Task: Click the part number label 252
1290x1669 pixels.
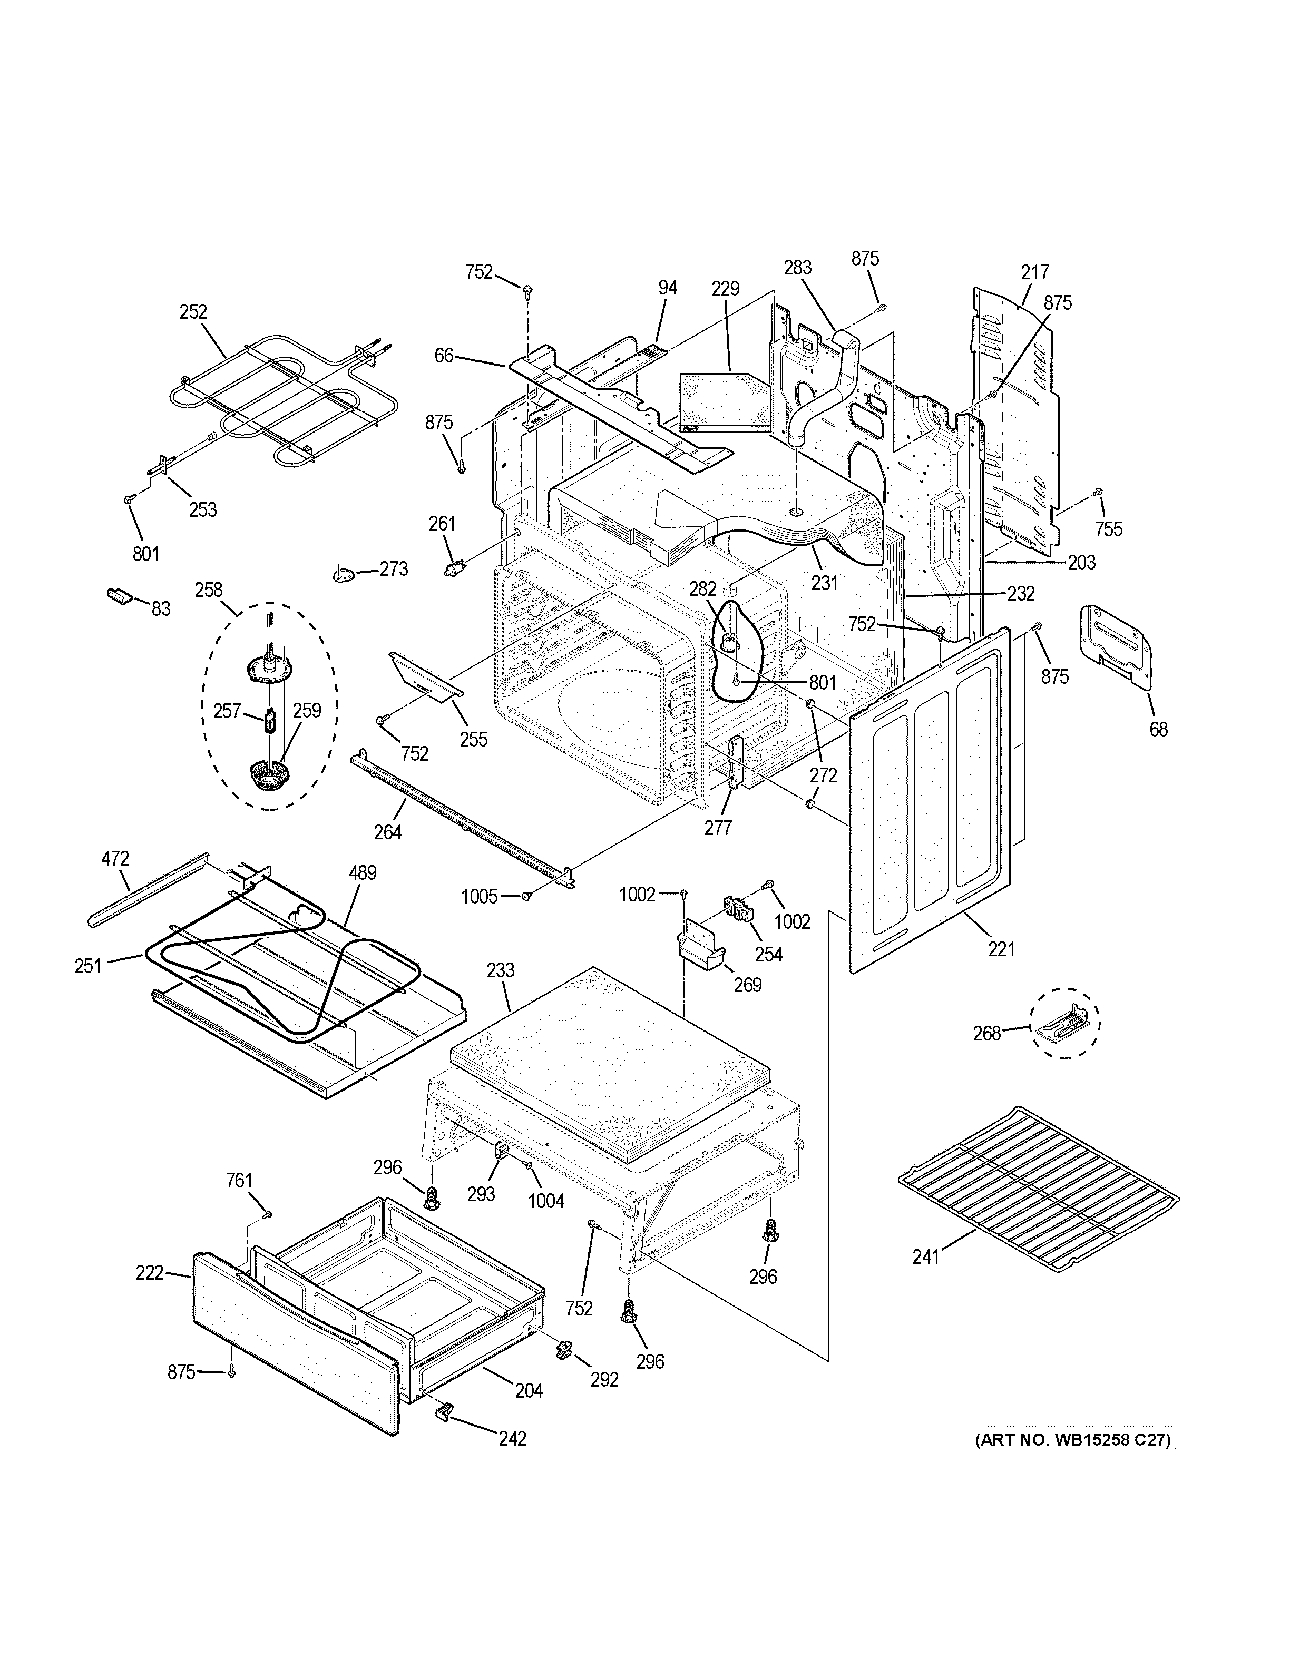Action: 193,312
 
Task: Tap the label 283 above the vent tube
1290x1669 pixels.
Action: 797,268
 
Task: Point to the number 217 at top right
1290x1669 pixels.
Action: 1035,272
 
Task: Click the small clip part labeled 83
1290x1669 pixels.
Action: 119,595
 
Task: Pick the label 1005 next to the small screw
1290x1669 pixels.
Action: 479,896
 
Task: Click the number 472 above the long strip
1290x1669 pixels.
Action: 115,858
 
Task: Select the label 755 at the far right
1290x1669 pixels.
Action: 1108,529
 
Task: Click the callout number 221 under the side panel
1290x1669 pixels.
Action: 1001,949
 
